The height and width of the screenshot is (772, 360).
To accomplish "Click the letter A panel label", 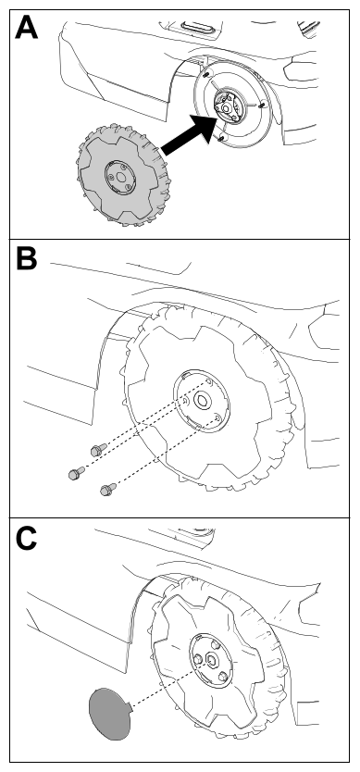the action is click(26, 27).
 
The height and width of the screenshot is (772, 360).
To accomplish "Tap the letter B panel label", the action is click(27, 257).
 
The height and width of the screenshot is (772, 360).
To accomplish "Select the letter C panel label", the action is click(26, 539).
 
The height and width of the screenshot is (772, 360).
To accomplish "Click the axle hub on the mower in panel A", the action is click(227, 106).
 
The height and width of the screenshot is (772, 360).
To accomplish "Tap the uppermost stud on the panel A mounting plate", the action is click(206, 74).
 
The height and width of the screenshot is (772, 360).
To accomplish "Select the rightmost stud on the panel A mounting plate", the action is click(262, 105).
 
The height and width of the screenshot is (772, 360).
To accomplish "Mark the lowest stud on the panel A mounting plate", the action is click(220, 138).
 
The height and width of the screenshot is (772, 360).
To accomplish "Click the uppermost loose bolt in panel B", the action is click(98, 449).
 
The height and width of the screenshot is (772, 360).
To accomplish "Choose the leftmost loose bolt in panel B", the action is click(76, 473).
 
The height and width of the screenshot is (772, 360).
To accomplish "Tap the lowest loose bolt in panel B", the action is click(108, 489).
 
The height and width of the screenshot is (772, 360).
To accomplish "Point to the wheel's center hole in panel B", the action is click(202, 400).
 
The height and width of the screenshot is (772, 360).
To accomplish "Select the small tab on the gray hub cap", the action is click(130, 707).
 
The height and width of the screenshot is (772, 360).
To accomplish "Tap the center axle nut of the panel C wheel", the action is click(212, 658).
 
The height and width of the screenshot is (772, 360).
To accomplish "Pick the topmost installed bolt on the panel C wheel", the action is click(215, 644).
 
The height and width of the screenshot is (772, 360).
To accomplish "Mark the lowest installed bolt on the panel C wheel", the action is click(223, 676).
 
